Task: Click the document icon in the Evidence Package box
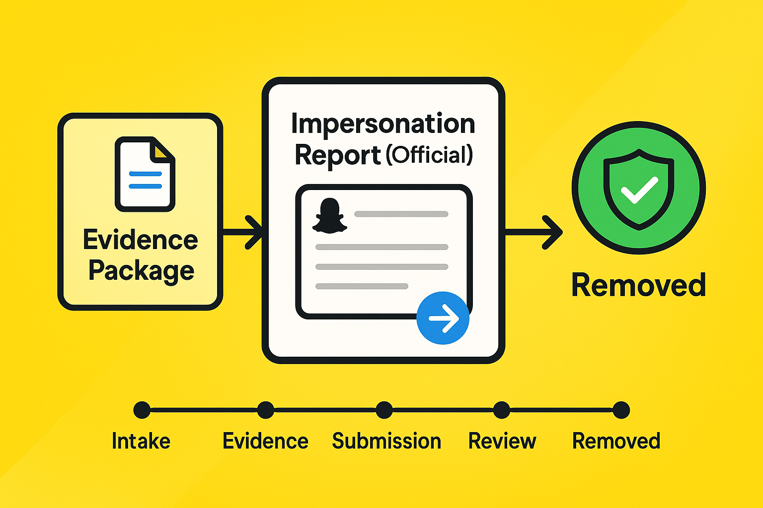pyautogui.click(x=145, y=174)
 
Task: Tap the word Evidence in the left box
pyautogui.click(x=141, y=240)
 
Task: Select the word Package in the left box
pyautogui.click(x=142, y=271)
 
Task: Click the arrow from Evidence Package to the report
pyautogui.click(x=243, y=232)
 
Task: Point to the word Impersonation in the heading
pyautogui.click(x=383, y=124)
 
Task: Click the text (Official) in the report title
pyautogui.click(x=429, y=155)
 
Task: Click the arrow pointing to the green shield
pyautogui.click(x=534, y=232)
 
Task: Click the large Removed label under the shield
pyautogui.click(x=639, y=285)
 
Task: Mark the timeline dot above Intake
pyautogui.click(x=142, y=410)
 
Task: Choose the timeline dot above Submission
pyautogui.click(x=384, y=410)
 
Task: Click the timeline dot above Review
pyautogui.click(x=502, y=410)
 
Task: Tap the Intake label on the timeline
pyautogui.click(x=141, y=441)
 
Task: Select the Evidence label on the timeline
pyautogui.click(x=265, y=441)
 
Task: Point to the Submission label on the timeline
pyautogui.click(x=386, y=441)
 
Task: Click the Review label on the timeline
pyautogui.click(x=502, y=441)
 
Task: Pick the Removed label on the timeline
pyautogui.click(x=616, y=441)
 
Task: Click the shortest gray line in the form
pyautogui.click(x=362, y=286)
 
